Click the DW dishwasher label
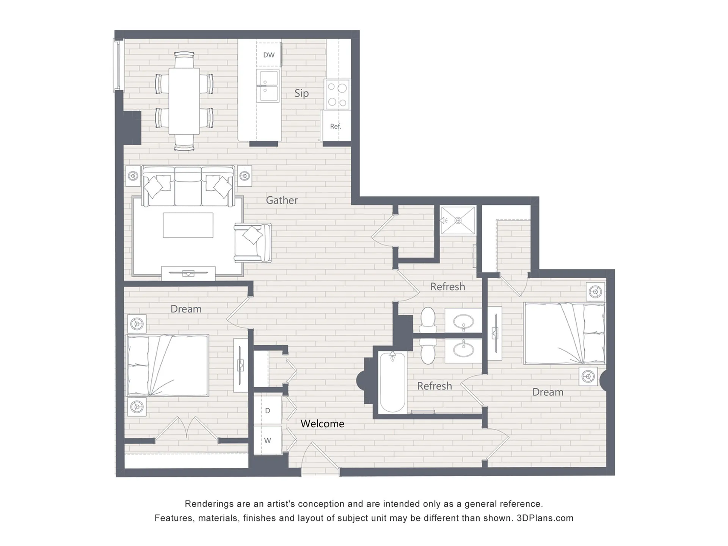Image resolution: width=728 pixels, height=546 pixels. (269, 55)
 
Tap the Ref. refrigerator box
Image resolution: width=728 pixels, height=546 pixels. (336, 126)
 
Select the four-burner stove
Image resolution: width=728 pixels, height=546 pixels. (337, 94)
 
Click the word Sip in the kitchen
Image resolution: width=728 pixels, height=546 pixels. (301, 93)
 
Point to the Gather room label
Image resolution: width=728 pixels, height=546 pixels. (282, 200)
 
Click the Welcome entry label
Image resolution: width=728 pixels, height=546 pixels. (322, 424)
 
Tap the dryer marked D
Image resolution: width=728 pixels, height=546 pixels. (268, 411)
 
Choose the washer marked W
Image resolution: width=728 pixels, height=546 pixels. (268, 440)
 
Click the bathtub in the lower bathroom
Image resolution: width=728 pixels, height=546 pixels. (393, 382)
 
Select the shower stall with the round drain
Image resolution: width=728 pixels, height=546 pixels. (458, 220)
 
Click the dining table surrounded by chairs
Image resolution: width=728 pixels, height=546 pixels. (184, 101)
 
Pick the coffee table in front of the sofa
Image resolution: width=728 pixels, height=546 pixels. (188, 225)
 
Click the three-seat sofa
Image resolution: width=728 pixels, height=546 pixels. (188, 186)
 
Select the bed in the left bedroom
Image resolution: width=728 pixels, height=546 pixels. (167, 365)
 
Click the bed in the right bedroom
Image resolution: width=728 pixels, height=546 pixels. (564, 333)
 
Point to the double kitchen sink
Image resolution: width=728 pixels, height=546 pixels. (268, 86)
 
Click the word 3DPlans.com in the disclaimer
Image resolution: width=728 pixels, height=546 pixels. (545, 518)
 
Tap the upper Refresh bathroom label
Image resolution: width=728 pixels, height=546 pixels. (447, 287)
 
